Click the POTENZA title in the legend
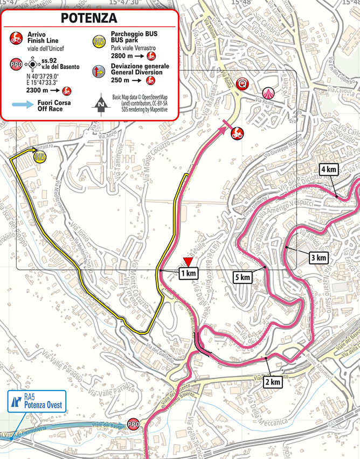[x=89, y=17]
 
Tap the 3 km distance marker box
[x=319, y=258]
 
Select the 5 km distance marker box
[x=243, y=277]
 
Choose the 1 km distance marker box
[x=188, y=274]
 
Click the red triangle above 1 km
[x=188, y=262]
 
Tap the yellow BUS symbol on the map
[x=39, y=157]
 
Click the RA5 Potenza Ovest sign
[x=36, y=401]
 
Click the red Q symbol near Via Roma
[x=244, y=84]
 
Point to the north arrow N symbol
[x=100, y=102]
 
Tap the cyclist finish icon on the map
[x=236, y=134]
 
